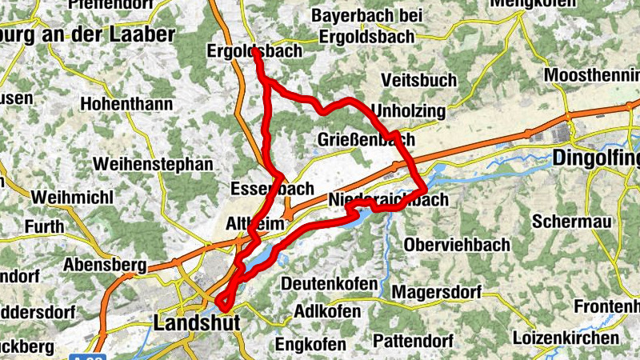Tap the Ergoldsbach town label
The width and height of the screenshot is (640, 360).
pyautogui.click(x=254, y=50)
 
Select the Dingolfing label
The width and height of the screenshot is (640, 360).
pyautogui.click(x=596, y=158)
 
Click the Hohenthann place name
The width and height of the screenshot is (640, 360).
pyautogui.click(x=127, y=104)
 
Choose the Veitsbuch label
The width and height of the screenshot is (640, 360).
pyautogui.click(x=419, y=80)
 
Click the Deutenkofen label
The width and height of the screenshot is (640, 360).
pyautogui.click(x=329, y=284)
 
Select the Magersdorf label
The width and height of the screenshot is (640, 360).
pyautogui.click(x=436, y=292)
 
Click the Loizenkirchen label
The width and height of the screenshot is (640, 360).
pyautogui.click(x=569, y=337)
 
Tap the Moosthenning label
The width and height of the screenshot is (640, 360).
pyautogui.click(x=591, y=75)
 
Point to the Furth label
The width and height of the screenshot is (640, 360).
pyautogui.click(x=44, y=227)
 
